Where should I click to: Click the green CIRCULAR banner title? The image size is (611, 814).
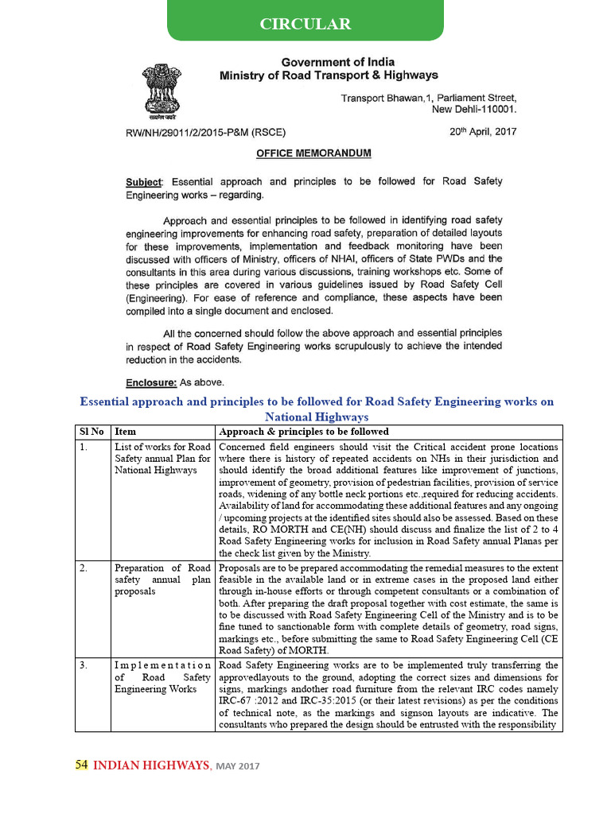click(x=305, y=24)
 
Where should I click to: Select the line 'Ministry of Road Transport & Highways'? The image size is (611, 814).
click(x=329, y=76)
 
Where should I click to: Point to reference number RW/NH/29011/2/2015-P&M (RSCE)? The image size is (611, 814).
click(x=206, y=133)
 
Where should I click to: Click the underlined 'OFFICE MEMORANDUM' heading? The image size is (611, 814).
click(x=313, y=153)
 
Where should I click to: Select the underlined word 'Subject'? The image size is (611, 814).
click(x=143, y=181)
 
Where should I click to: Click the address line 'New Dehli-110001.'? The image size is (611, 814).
click(x=474, y=110)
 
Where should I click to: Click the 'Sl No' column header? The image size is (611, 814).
click(x=91, y=432)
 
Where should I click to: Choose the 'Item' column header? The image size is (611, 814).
click(x=126, y=432)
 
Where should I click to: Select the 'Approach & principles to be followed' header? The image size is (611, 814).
click(x=304, y=432)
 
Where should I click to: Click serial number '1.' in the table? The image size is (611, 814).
click(x=84, y=447)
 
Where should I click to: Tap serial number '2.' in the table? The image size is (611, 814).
click(x=84, y=568)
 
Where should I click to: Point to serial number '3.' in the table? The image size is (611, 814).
click(x=84, y=665)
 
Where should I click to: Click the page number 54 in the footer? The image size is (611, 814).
click(x=81, y=765)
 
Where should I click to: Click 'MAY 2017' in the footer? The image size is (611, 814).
click(x=238, y=766)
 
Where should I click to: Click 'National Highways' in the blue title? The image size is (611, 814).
click(x=317, y=417)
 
